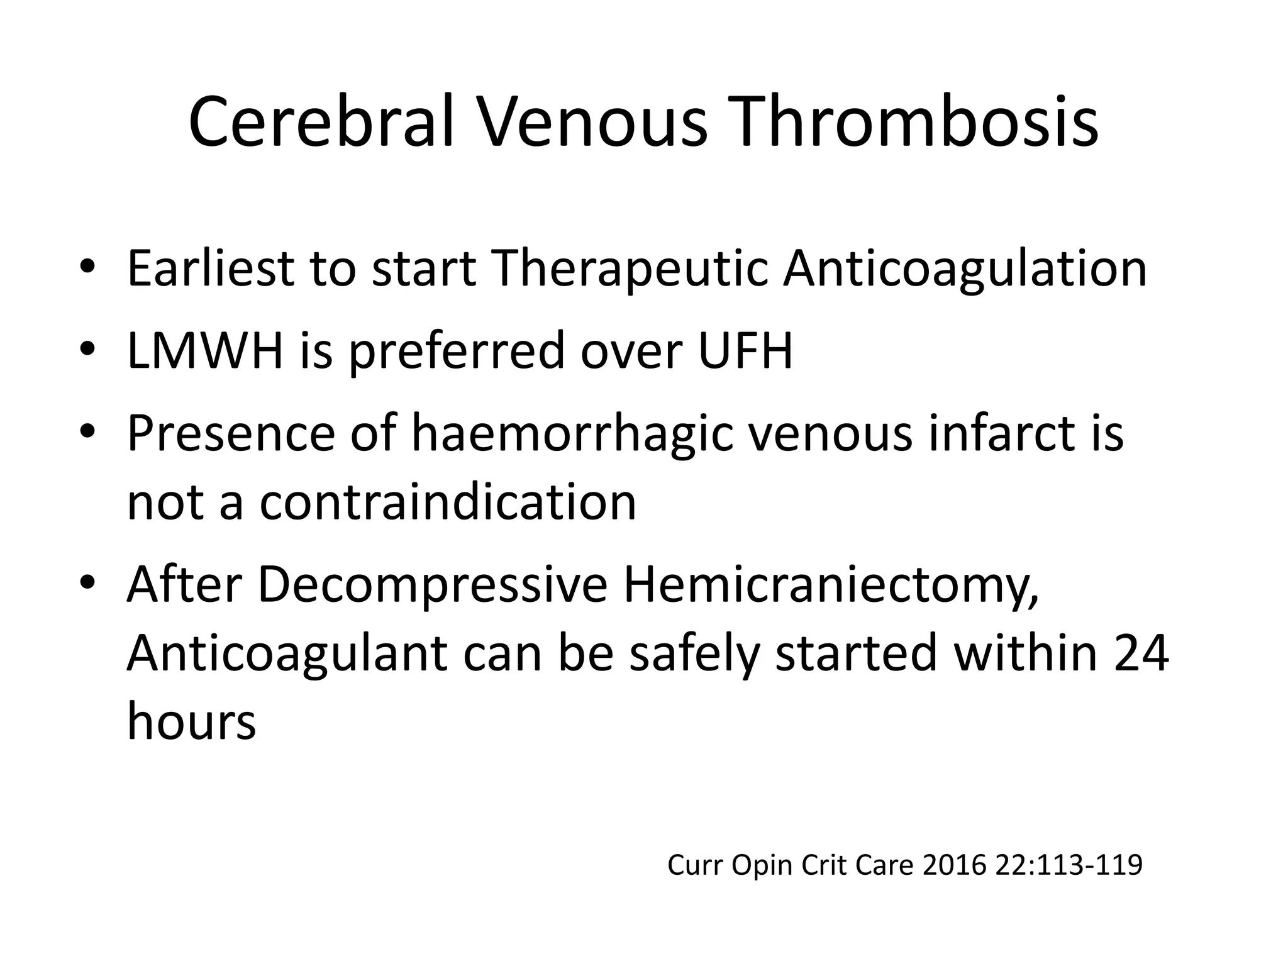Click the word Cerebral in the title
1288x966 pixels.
(x=321, y=123)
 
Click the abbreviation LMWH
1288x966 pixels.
(x=205, y=351)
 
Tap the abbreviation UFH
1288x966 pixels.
(x=745, y=351)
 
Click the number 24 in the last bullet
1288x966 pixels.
(x=1141, y=654)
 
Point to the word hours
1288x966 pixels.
(x=191, y=721)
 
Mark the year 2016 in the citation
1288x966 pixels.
(x=955, y=865)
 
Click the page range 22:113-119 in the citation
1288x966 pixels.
(x=1069, y=865)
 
